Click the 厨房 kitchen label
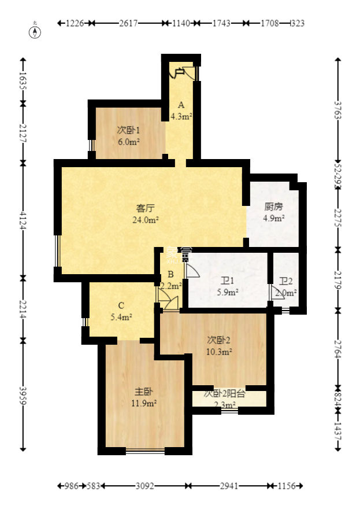[x=273, y=206]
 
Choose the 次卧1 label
[x=128, y=130]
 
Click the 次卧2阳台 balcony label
[x=225, y=393]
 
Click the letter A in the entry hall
[x=181, y=105]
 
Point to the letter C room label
[x=121, y=305]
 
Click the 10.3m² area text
[x=220, y=351]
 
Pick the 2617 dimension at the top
[x=129, y=23]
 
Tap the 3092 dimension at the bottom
[x=144, y=486]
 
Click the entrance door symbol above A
[x=180, y=72]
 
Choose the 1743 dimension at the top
[x=221, y=23]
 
